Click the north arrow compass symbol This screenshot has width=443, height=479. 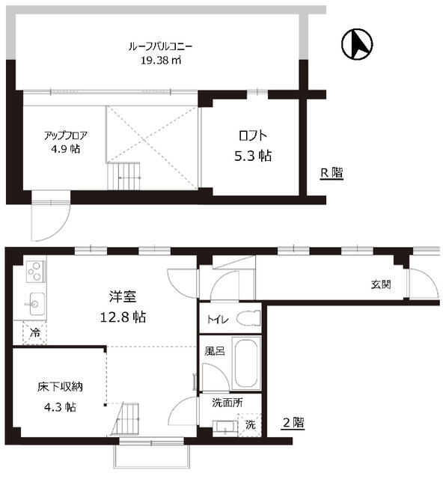[357, 44]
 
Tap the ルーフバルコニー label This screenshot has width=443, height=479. [161, 47]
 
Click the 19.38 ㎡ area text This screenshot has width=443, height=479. [161, 60]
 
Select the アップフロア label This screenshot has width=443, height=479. [66, 135]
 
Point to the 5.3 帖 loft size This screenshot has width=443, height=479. [253, 156]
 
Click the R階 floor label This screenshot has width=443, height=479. [332, 173]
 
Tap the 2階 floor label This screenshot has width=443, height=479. [293, 423]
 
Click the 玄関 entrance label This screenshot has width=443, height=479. [381, 284]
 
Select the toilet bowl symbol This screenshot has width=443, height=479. [248, 318]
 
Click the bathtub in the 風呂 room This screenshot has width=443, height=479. [246, 363]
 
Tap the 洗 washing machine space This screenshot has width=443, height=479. [250, 424]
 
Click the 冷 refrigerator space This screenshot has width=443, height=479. [35, 333]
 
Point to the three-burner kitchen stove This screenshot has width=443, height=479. [36, 271]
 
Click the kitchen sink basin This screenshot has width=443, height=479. [34, 304]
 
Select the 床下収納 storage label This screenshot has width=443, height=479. [60, 387]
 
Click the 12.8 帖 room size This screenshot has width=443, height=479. [123, 317]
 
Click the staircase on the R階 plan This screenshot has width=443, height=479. [123, 177]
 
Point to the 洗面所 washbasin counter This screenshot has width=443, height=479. [224, 428]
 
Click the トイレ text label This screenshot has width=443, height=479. [218, 320]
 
